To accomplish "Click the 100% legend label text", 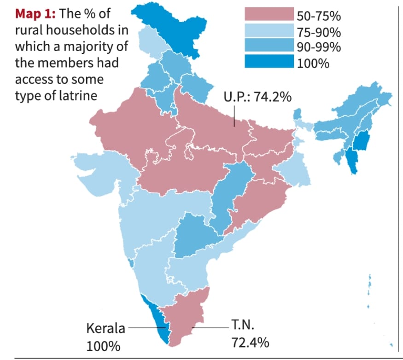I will [314, 63].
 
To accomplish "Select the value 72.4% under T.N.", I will [249, 343].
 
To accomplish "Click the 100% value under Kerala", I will [103, 345].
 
